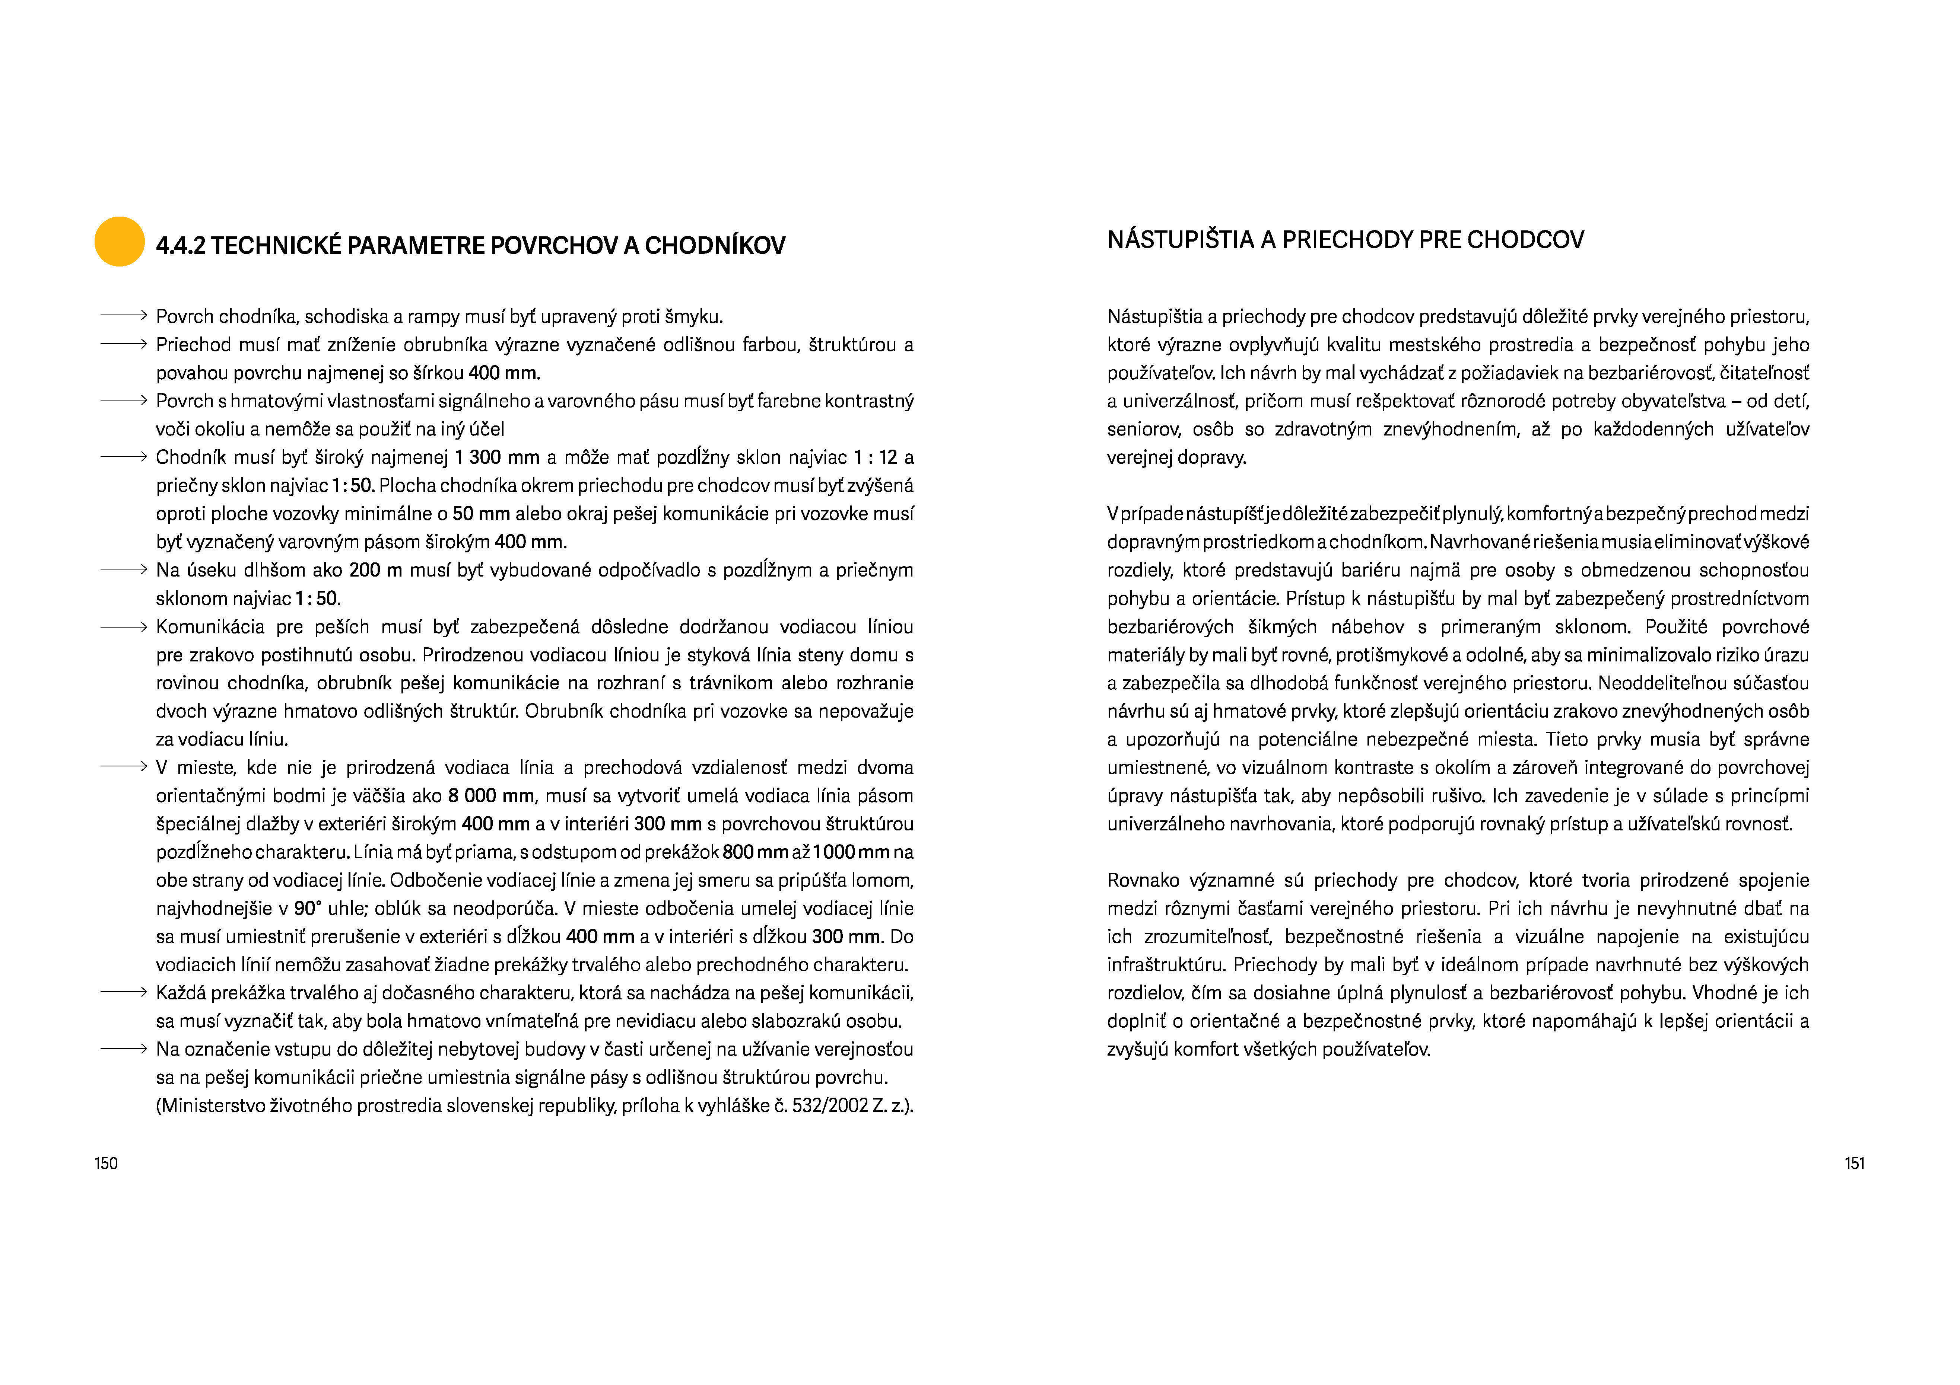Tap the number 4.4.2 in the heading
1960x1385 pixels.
pos(180,246)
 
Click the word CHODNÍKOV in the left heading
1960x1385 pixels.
pos(715,246)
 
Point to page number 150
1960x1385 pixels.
pos(106,1163)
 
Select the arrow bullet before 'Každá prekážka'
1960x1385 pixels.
pos(124,992)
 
